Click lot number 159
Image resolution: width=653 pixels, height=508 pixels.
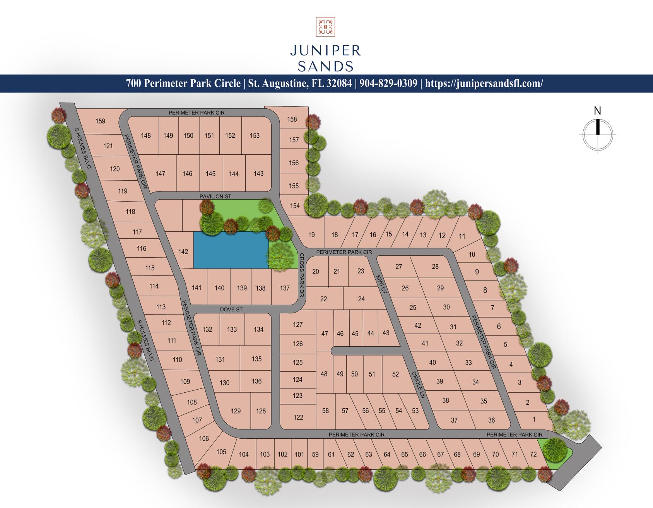100,121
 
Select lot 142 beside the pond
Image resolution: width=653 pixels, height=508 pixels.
183,252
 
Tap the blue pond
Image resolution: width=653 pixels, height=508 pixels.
231,250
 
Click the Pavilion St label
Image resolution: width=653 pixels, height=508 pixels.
215,197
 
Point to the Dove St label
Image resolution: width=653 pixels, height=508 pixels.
231,310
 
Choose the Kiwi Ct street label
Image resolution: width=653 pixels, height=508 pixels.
381,284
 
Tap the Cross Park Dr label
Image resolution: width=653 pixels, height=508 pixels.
302,275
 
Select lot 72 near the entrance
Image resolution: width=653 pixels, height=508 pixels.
533,454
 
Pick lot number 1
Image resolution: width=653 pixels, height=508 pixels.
534,419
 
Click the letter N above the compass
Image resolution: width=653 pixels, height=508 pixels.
598,111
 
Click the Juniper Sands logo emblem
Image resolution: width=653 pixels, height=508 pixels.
325,27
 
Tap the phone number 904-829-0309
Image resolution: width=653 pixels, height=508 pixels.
388,84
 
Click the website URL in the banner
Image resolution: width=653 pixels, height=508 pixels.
484,84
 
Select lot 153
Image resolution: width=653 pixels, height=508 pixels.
255,135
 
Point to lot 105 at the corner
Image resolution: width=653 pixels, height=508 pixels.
221,452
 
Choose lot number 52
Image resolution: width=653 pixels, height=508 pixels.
395,374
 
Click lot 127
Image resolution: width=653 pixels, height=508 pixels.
298,325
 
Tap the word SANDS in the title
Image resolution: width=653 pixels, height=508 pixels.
325,66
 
